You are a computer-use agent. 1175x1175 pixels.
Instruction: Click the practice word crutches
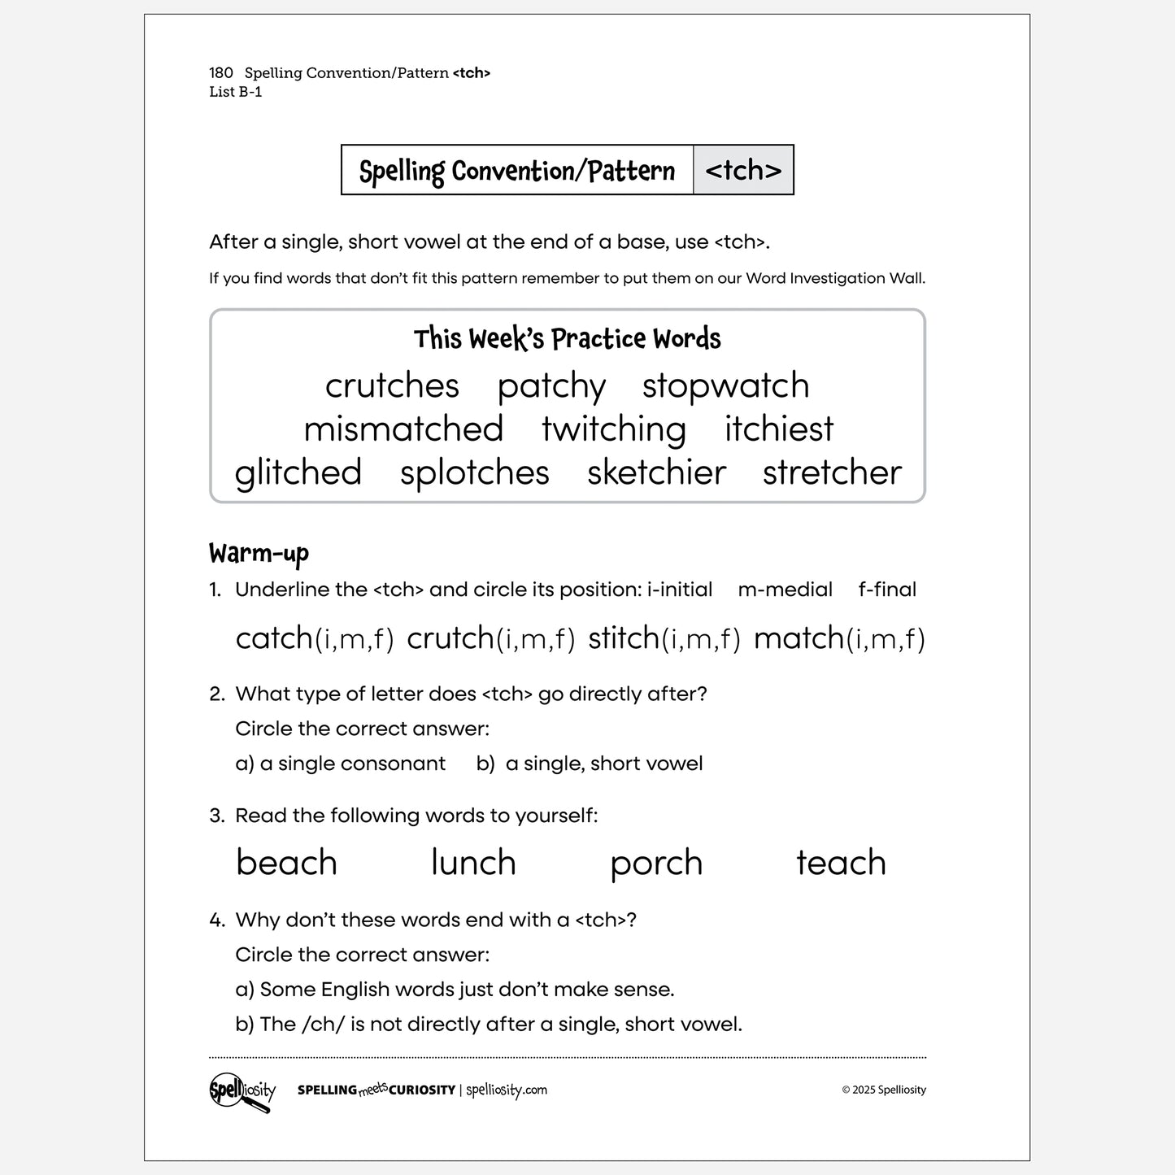coord(392,386)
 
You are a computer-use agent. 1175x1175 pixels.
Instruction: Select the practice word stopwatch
coord(725,386)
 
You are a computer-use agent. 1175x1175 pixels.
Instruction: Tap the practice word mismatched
coord(403,429)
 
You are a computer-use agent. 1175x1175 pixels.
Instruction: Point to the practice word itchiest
coord(779,429)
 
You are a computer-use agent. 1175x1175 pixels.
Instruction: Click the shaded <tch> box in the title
coord(743,170)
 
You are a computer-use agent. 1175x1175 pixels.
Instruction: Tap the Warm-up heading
coord(259,554)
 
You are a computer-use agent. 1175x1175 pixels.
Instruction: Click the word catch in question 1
coord(274,638)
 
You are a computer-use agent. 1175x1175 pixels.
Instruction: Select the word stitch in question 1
coord(623,638)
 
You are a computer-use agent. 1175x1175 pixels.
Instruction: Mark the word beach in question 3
coord(286,863)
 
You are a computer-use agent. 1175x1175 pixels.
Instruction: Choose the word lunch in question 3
coord(473,863)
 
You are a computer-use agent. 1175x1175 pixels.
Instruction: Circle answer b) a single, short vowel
coord(590,764)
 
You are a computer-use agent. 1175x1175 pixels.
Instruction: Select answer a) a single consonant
coord(340,764)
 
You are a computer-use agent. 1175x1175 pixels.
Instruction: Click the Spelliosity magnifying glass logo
coord(242,1091)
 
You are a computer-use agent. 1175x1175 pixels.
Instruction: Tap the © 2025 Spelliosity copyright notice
coord(884,1090)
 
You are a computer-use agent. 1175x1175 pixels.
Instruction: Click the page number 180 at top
coord(221,73)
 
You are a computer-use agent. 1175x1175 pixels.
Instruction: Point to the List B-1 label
coord(236,92)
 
